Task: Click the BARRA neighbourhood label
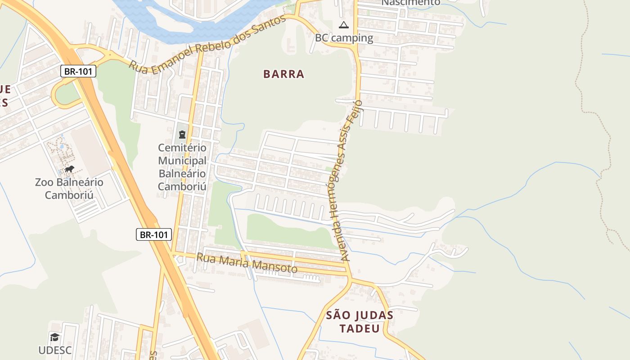(x=284, y=74)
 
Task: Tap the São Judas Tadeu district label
(x=360, y=321)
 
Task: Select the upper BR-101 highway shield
(x=78, y=71)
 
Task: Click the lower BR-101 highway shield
(x=154, y=234)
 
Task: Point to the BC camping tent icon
(x=344, y=25)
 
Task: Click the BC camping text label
(x=344, y=38)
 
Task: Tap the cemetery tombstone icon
(x=182, y=134)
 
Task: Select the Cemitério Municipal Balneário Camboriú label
(x=182, y=167)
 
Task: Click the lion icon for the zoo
(x=69, y=170)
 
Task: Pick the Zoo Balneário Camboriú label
(x=69, y=189)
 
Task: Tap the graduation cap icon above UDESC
(x=54, y=337)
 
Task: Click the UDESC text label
(x=55, y=350)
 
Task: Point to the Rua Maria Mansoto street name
(x=247, y=263)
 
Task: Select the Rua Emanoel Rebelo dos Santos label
(x=207, y=43)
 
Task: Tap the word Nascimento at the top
(x=411, y=3)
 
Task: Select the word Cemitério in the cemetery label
(x=182, y=148)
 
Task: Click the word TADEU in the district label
(x=360, y=328)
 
